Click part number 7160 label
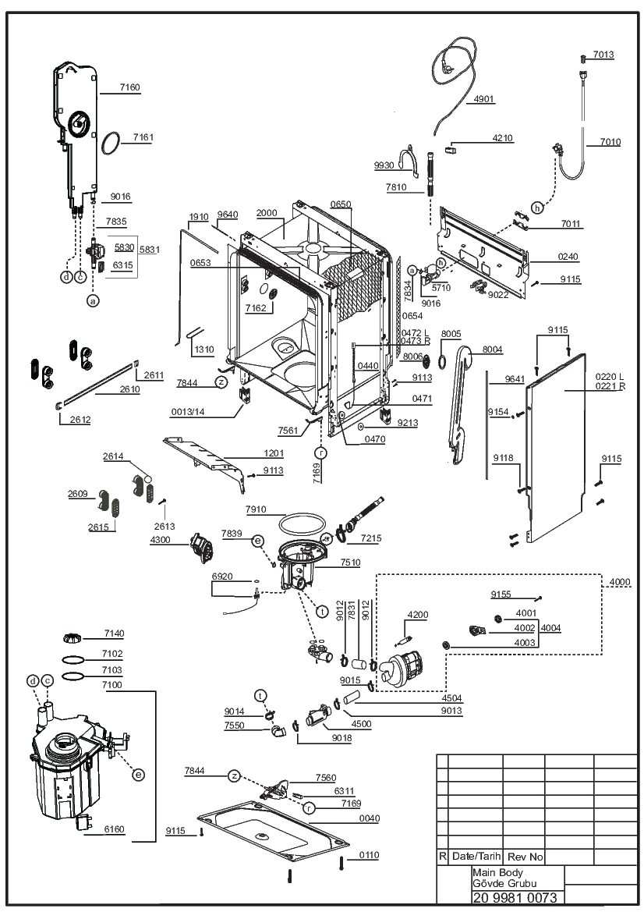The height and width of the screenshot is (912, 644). [x=129, y=87]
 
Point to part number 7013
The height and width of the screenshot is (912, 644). [x=603, y=55]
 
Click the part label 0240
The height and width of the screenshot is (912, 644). [x=568, y=257]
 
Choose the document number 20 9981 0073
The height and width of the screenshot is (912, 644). [x=515, y=897]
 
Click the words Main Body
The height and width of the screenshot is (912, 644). [x=497, y=872]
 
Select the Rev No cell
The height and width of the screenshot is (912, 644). [x=524, y=857]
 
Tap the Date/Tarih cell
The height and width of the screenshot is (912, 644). [x=476, y=856]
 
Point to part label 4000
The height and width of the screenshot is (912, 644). [x=620, y=582]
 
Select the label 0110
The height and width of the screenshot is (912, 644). [x=369, y=855]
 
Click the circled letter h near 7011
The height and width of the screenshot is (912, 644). [x=537, y=208]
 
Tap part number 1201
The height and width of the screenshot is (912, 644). [x=274, y=453]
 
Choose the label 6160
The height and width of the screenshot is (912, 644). [x=114, y=829]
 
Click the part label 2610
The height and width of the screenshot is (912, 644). [x=129, y=389]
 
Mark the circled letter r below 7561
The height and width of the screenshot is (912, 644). [x=321, y=452]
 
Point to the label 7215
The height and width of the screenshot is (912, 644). [x=371, y=538]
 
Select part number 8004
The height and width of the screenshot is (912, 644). [x=492, y=350]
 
